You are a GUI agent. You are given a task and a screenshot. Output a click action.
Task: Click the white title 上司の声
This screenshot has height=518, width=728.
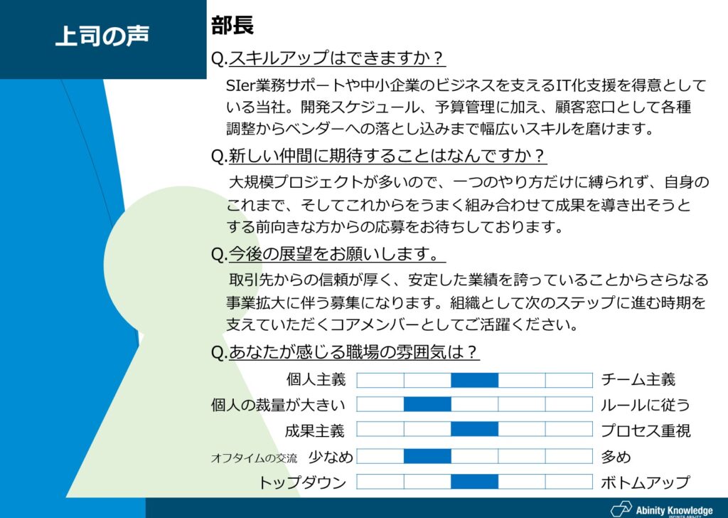click(x=102, y=36)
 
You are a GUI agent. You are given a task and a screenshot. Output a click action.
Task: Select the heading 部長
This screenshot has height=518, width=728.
click(x=232, y=25)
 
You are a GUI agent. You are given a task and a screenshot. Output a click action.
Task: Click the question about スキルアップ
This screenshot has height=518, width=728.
click(x=328, y=58)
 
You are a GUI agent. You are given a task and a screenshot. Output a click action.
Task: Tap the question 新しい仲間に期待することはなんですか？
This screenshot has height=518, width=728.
click(x=378, y=156)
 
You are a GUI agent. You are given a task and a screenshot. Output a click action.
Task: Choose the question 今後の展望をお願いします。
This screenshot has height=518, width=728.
click(x=328, y=253)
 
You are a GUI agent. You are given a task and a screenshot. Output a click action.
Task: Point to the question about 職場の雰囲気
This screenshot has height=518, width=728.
click(x=345, y=351)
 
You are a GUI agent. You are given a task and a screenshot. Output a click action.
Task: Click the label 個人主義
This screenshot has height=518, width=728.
click(x=316, y=379)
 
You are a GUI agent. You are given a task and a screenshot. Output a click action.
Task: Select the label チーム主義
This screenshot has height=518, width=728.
click(x=638, y=379)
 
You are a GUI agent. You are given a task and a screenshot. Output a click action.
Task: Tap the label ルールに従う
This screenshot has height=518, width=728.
click(x=646, y=405)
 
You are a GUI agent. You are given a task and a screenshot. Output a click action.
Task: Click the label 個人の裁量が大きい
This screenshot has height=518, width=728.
click(x=279, y=405)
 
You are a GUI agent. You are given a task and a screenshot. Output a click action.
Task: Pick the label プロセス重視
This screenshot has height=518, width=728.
click(x=646, y=430)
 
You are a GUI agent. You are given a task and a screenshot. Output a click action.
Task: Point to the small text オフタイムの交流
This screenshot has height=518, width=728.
click(x=254, y=458)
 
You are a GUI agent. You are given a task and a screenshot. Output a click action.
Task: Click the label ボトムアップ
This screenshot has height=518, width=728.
click(x=646, y=482)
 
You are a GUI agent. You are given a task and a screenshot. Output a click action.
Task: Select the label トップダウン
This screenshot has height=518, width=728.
click(x=303, y=482)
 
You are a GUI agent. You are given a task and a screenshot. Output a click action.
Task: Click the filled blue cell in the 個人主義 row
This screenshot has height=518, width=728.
click(x=474, y=380)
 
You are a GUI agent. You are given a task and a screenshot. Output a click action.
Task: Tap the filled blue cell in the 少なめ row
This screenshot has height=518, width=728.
click(x=427, y=456)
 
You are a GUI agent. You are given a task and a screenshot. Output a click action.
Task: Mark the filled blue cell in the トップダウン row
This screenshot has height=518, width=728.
click(x=474, y=482)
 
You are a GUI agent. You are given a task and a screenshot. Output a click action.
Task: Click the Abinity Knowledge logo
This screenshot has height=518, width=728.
click(x=662, y=509)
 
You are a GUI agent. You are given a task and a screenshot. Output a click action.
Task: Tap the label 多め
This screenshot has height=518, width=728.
click(x=616, y=457)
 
